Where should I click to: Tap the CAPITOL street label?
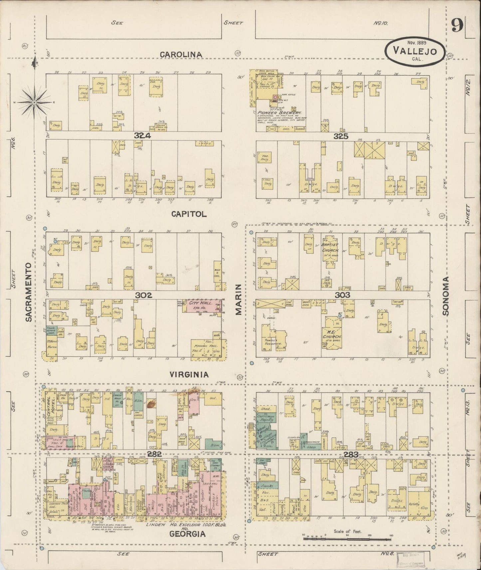click(189, 214)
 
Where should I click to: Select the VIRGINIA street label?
click(189, 374)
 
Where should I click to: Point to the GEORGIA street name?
click(187, 534)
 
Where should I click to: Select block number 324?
click(143, 136)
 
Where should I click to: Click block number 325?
click(341, 136)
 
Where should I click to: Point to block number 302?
click(143, 295)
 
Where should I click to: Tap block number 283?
click(351, 455)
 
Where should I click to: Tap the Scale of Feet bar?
click(347, 538)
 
